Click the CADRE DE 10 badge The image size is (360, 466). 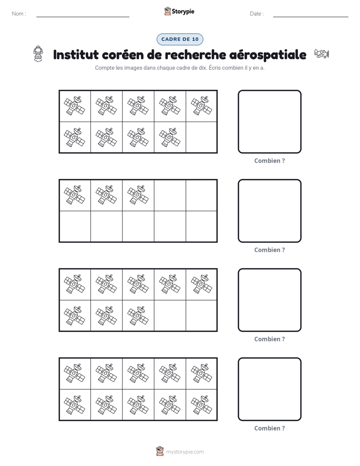point(179,39)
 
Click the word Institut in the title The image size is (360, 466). point(76,54)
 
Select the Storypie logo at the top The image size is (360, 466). point(179,11)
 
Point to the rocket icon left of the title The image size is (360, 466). point(38,54)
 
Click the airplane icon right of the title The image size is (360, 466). point(322,54)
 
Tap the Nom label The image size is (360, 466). point(19,14)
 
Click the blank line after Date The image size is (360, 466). point(311,17)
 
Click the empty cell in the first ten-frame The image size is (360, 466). point(201,138)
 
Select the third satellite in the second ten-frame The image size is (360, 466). point(138,195)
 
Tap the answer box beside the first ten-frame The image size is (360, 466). point(269,122)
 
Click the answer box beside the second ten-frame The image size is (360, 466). point(269,211)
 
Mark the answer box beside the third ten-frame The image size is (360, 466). point(269,300)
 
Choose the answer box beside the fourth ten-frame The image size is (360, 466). point(269,389)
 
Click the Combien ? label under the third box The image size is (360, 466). point(269,339)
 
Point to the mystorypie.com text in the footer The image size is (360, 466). point(185,452)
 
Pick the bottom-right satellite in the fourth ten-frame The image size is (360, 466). point(202,405)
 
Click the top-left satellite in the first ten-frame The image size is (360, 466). point(75,105)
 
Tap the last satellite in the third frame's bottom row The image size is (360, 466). point(138,316)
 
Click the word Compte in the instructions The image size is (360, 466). point(103,68)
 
